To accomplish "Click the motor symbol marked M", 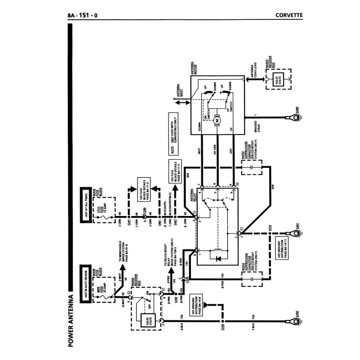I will click(217, 120).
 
